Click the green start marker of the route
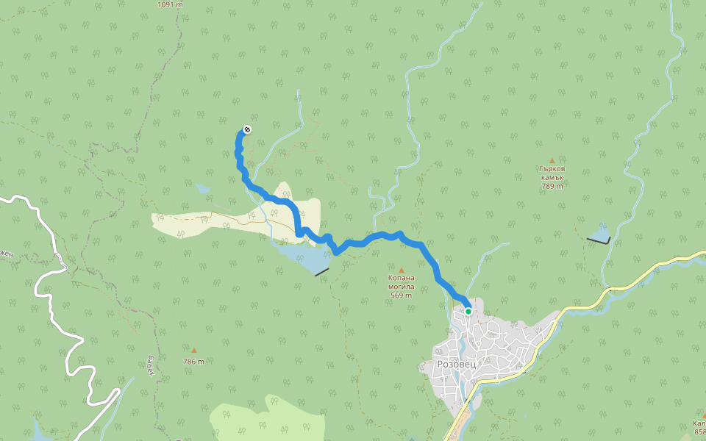(x=468, y=312)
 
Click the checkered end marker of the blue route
(x=247, y=130)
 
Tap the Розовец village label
(x=457, y=364)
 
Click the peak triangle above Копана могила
(x=402, y=269)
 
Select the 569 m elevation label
(x=402, y=295)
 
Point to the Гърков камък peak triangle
(x=552, y=160)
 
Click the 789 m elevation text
(x=552, y=186)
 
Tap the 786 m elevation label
(x=193, y=361)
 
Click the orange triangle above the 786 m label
(x=194, y=351)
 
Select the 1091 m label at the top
(x=170, y=4)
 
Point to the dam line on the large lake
(x=321, y=272)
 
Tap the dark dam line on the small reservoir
(x=599, y=240)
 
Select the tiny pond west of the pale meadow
(x=202, y=189)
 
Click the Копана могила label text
(x=402, y=282)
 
